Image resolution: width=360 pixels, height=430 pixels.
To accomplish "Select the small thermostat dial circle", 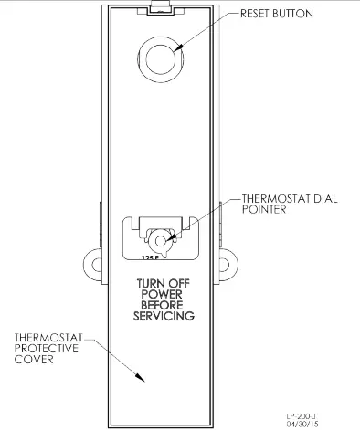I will click(163, 241).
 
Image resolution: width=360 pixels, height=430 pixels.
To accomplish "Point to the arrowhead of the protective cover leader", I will click(140, 380).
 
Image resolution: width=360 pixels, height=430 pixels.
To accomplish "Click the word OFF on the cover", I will click(181, 283).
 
